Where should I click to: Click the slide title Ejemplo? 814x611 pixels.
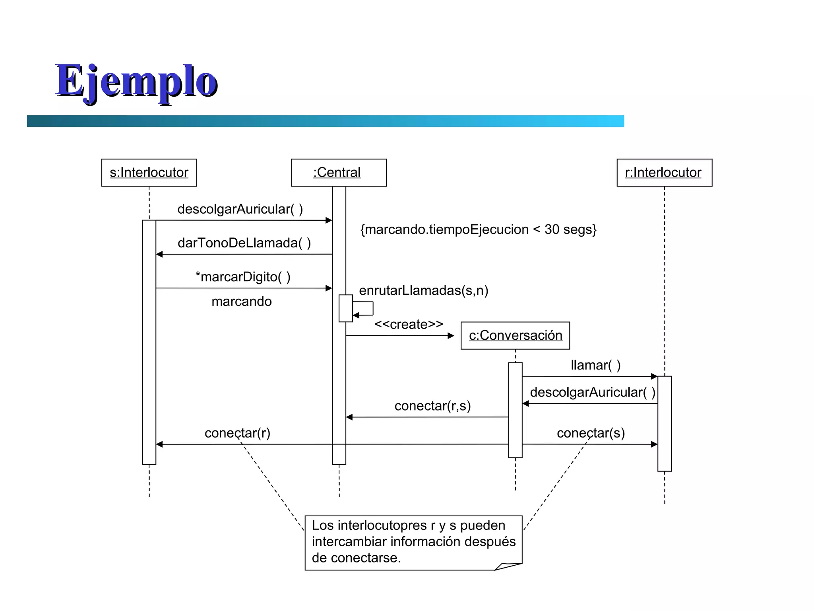[136, 82]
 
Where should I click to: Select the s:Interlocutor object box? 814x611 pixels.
[149, 173]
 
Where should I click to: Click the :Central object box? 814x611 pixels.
[339, 173]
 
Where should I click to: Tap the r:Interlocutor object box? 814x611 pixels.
[664, 173]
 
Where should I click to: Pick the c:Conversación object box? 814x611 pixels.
[515, 336]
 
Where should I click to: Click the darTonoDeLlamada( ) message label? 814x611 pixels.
[244, 243]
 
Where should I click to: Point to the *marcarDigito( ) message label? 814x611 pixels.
[243, 277]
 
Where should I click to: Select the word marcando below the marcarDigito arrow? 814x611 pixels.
[241, 302]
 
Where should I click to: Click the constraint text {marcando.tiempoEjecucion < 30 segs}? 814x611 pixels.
[478, 230]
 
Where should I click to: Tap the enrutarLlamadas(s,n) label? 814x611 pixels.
[423, 290]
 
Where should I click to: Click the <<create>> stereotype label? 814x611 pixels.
[409, 324]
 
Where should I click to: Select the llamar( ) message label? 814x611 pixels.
[595, 365]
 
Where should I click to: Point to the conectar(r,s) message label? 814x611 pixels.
[432, 406]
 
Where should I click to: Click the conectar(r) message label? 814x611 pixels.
[237, 433]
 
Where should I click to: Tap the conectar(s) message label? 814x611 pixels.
[591, 433]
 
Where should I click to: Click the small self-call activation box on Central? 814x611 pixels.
[345, 308]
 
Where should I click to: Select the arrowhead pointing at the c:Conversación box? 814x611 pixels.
[451, 336]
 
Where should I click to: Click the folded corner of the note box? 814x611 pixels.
[508, 566]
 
